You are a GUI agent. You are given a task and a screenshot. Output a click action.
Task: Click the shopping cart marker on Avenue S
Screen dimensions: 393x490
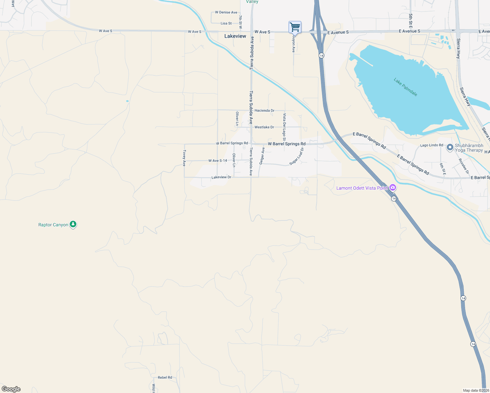(295, 27)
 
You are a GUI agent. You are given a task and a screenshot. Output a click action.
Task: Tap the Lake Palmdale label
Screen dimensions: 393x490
(405, 87)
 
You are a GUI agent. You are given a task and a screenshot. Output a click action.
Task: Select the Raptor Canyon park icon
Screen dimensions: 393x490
(73, 225)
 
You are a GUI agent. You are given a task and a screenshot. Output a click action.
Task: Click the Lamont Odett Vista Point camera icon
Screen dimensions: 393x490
(393, 188)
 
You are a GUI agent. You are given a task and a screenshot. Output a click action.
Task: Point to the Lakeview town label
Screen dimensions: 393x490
(235, 36)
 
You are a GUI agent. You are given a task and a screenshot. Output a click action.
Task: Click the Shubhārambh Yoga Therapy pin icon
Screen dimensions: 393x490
(450, 147)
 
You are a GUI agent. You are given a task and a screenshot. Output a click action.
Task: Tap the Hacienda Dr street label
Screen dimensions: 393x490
(264, 111)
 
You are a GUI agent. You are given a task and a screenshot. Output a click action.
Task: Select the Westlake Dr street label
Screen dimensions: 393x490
(264, 127)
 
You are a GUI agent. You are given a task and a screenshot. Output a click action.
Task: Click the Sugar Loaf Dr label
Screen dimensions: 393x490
(297, 157)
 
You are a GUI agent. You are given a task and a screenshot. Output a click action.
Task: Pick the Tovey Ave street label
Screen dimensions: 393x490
(184, 158)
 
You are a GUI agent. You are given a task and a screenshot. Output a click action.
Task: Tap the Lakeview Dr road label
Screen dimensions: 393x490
(221, 177)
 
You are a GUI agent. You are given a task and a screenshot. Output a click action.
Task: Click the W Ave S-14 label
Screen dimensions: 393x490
(217, 161)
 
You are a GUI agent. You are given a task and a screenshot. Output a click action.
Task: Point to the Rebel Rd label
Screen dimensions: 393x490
(165, 378)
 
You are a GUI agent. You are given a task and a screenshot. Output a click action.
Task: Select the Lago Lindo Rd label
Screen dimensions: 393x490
(431, 145)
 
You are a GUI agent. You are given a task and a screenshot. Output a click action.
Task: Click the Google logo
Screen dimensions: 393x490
(11, 389)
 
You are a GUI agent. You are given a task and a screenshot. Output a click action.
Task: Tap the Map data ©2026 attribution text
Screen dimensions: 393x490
(476, 390)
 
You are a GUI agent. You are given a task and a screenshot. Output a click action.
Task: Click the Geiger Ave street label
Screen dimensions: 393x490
(262, 156)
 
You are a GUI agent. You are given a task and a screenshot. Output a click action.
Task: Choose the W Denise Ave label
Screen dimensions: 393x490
(226, 12)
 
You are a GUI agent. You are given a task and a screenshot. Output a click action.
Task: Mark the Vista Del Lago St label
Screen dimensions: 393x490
(284, 125)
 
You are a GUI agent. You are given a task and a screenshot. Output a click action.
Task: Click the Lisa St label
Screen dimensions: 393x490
(226, 24)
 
